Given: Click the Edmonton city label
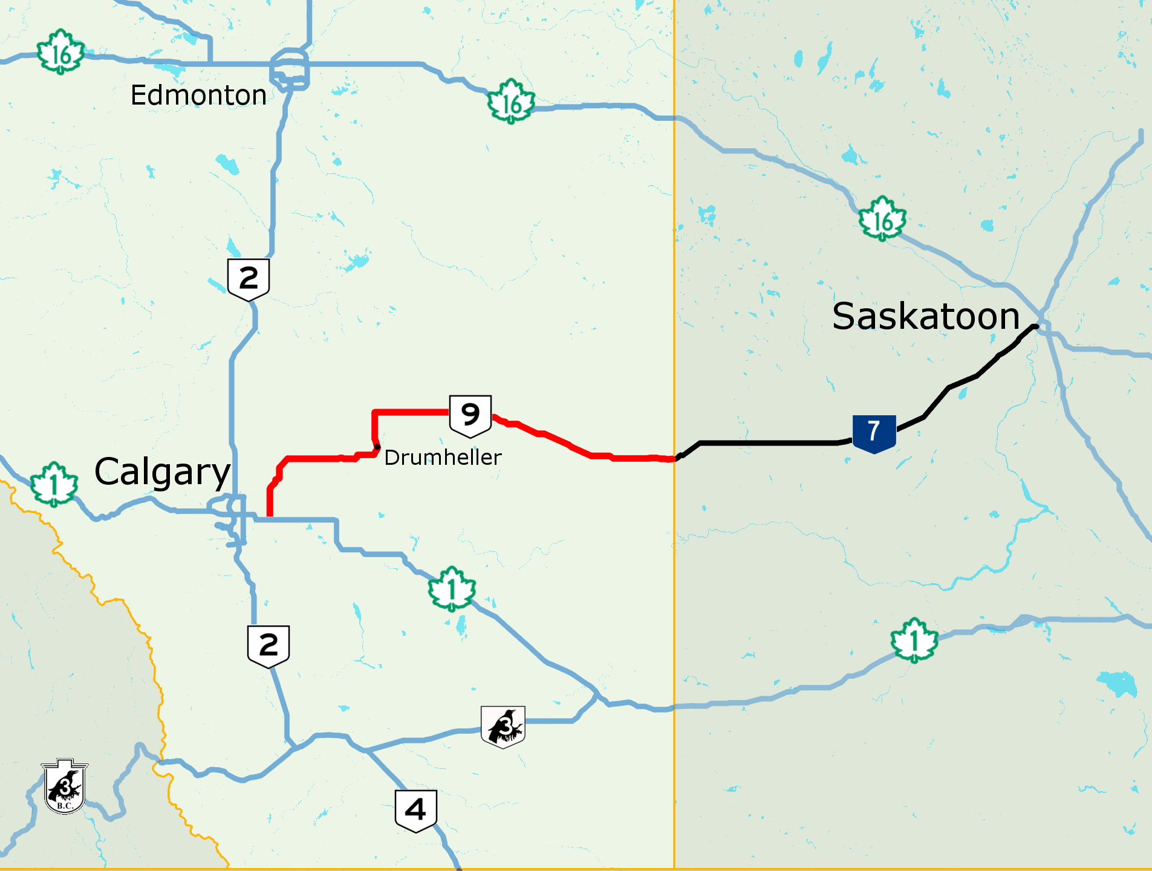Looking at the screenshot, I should click(198, 96).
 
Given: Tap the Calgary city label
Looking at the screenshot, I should click(162, 472).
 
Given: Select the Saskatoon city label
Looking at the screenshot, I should click(925, 316).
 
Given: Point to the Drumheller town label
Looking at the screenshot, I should click(443, 458).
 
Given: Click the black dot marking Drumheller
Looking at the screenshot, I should click(377, 447).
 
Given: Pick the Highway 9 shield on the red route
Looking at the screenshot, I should click(470, 416).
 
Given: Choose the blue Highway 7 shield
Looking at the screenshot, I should click(874, 433).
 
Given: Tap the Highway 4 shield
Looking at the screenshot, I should click(415, 810).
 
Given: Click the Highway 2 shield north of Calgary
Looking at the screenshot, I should click(249, 279).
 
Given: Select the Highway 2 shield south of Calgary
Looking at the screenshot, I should click(268, 646).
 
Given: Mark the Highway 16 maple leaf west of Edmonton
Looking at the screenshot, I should click(60, 53).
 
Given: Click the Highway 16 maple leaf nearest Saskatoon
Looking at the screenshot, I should click(882, 219).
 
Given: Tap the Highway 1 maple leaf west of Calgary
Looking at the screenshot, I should click(54, 484).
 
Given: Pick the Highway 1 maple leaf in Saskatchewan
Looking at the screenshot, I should click(914, 641).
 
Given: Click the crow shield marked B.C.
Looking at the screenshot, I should click(65, 786).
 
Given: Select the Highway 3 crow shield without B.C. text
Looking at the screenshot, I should click(503, 726).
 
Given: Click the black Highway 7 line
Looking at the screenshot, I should click(768, 443).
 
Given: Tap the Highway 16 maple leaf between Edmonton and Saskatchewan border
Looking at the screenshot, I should click(511, 102).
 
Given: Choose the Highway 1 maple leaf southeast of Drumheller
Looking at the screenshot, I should click(452, 589).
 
